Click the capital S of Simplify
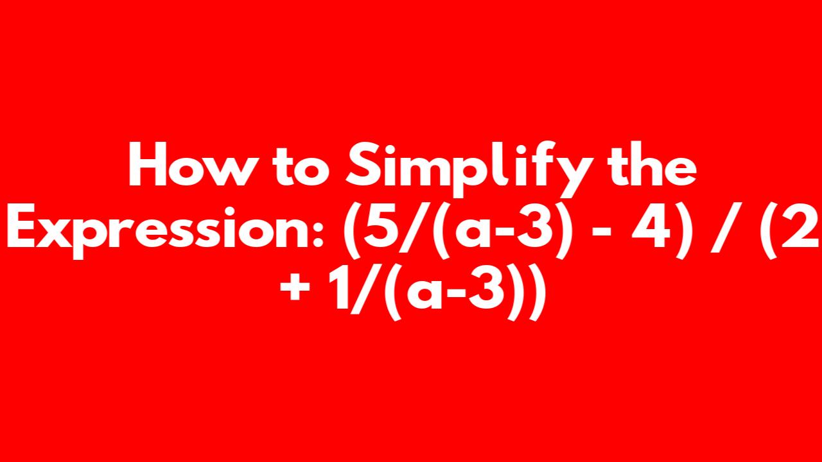pyautogui.click(x=363, y=164)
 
